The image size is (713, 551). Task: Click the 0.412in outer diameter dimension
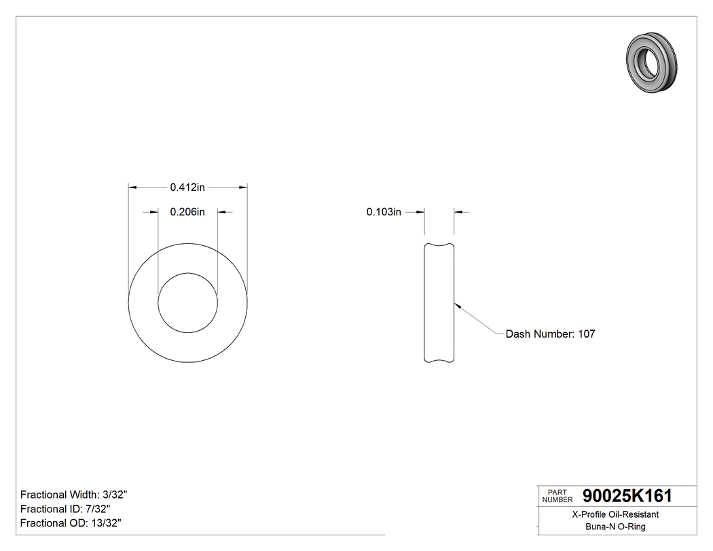(x=187, y=187)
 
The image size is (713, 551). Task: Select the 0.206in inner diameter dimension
(x=187, y=212)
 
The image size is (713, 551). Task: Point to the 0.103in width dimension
(x=384, y=212)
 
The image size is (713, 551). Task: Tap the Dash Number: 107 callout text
(x=550, y=334)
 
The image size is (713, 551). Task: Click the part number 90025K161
(x=623, y=496)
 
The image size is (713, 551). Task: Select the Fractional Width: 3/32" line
(x=74, y=495)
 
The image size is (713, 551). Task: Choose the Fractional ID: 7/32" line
(x=65, y=509)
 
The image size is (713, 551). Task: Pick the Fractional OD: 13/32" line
(x=71, y=523)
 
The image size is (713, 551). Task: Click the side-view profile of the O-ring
(x=439, y=302)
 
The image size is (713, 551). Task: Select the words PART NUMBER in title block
(x=556, y=496)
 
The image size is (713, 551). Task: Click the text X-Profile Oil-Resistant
(x=615, y=515)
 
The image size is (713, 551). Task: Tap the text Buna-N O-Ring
(x=615, y=527)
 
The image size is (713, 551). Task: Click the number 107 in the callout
(x=586, y=334)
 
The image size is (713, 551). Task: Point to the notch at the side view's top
(x=439, y=245)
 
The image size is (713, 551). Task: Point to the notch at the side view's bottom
(x=439, y=360)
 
